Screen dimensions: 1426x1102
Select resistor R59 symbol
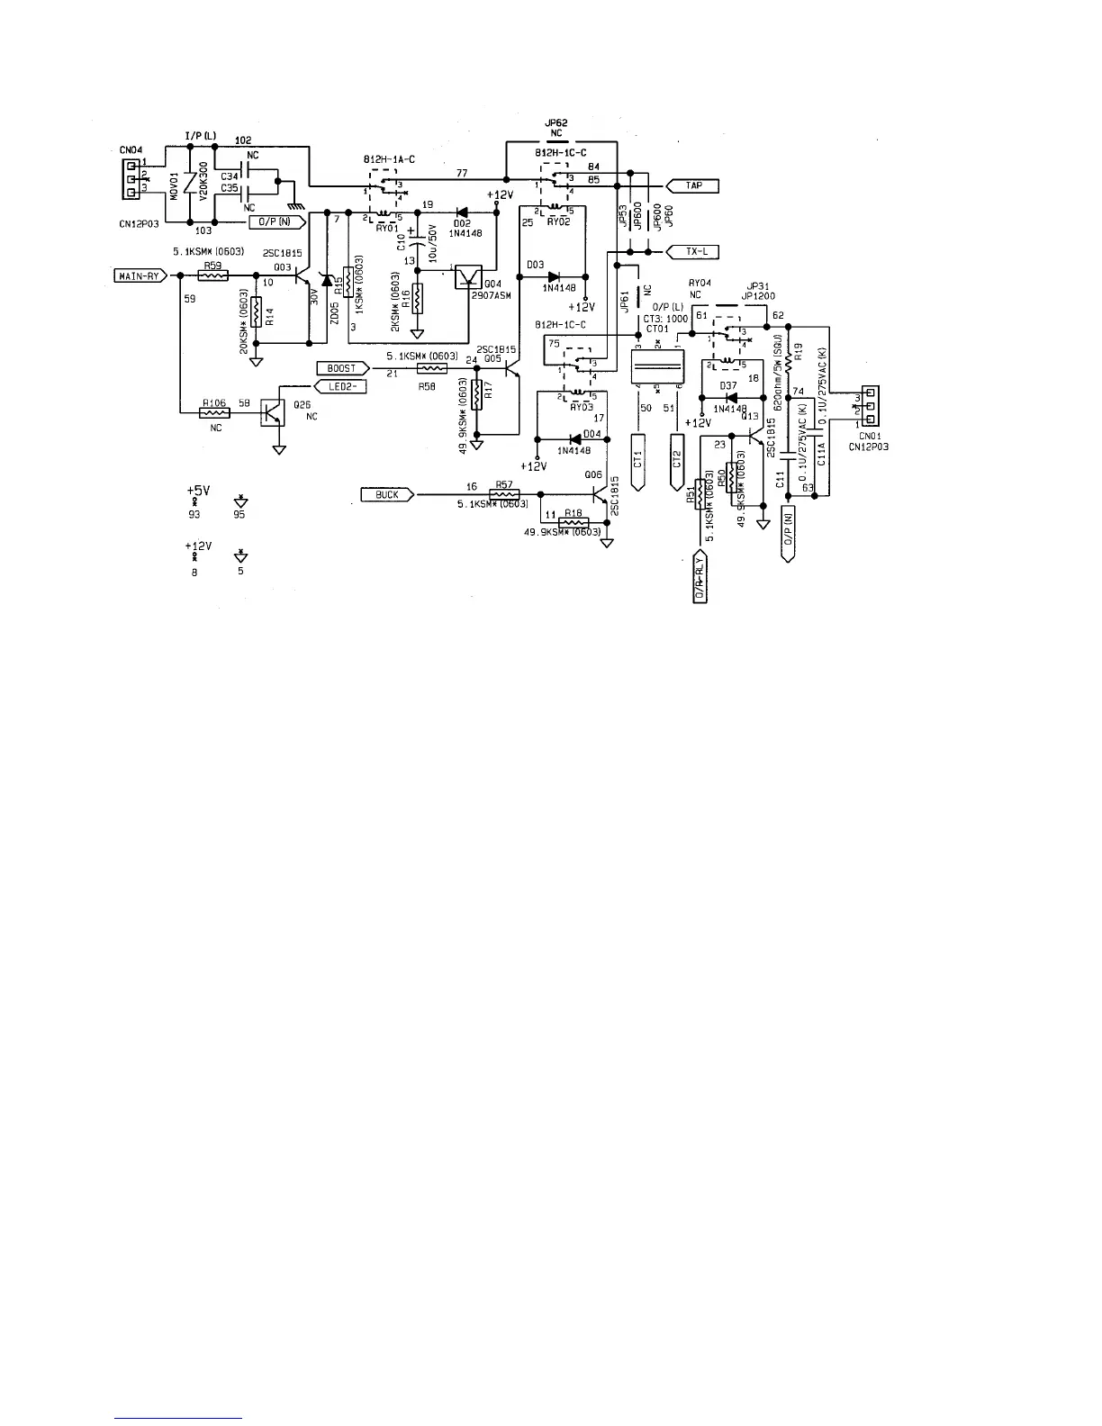pos(212,275)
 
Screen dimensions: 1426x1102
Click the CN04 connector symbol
pos(131,178)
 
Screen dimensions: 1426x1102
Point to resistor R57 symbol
pos(503,494)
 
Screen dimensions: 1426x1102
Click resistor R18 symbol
pos(573,522)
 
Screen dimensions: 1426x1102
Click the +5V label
pos(198,491)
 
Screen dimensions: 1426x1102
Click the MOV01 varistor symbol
pos(189,185)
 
